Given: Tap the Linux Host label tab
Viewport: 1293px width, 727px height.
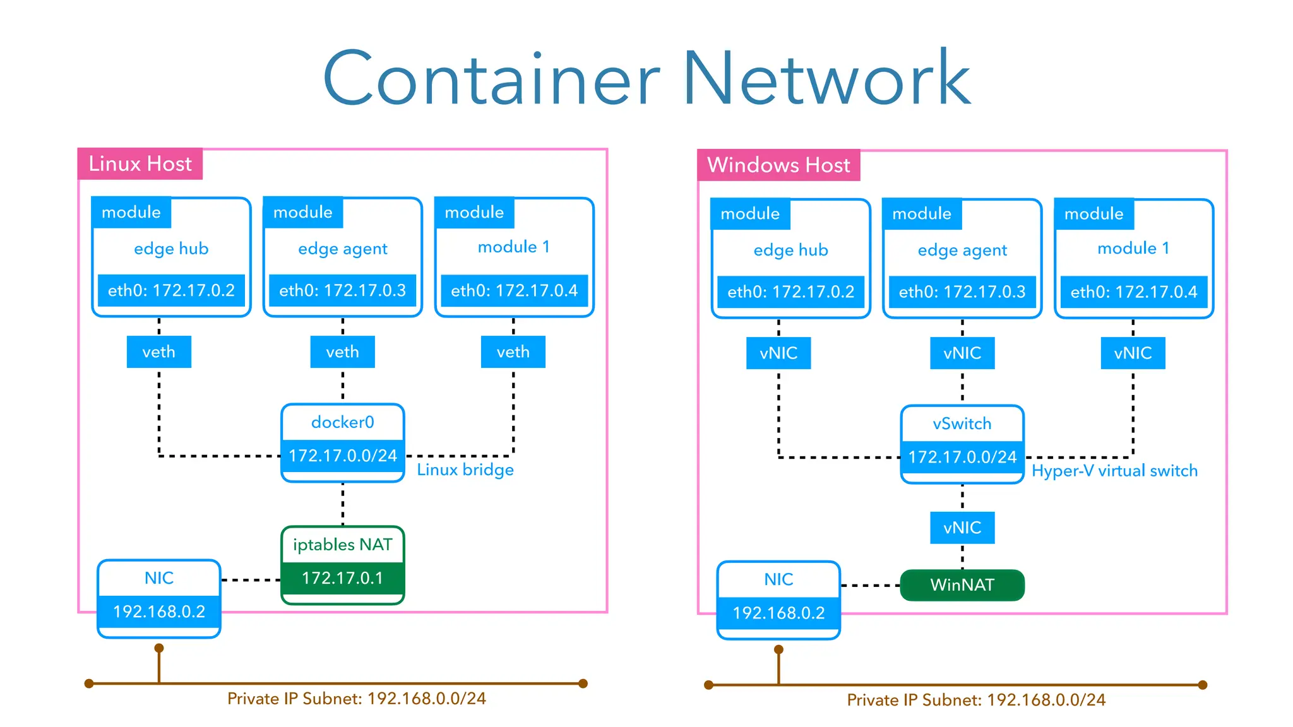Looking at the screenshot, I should [140, 164].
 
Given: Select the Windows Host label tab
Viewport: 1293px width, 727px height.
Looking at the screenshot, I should [778, 165].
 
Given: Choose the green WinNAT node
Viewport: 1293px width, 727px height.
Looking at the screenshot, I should [962, 585].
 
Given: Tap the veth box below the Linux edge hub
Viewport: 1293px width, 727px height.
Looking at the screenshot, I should [159, 352].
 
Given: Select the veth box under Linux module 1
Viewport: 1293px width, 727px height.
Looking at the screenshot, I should [513, 352].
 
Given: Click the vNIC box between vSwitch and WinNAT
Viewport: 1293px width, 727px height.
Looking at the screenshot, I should [962, 528].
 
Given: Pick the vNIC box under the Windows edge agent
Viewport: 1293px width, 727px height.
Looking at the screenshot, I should [962, 353].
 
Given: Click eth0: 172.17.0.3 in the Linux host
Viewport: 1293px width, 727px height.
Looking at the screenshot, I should [343, 291].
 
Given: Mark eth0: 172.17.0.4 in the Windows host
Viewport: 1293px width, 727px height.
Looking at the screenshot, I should [1134, 292].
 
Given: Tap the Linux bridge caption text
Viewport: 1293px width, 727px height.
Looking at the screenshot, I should [465, 470].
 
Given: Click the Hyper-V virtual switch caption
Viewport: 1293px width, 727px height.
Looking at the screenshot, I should [1114, 471].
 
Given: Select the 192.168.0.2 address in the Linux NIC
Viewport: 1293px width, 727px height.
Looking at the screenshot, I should [159, 612].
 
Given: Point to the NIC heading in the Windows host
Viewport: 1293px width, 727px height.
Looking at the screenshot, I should [778, 579].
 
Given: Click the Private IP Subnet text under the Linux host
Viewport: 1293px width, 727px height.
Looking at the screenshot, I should [357, 699].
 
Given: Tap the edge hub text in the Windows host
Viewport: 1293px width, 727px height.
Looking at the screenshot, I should [790, 251].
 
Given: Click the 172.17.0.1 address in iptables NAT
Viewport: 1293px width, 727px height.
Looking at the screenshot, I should [343, 578].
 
